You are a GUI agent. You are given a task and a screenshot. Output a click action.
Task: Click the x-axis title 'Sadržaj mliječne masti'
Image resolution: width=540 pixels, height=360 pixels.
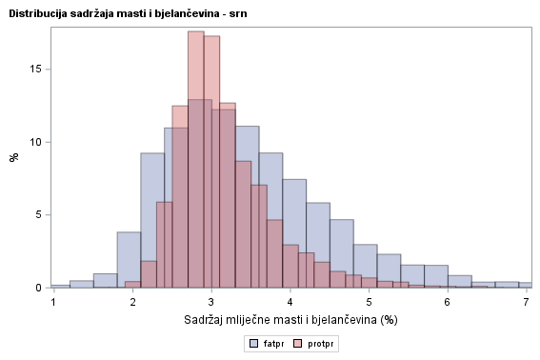pyautogui.click(x=290, y=320)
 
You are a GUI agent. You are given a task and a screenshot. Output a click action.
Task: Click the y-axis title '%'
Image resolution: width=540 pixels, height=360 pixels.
pyautogui.click(x=14, y=156)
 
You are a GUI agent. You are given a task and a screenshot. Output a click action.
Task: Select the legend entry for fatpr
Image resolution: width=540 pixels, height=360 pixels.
pyautogui.click(x=267, y=342)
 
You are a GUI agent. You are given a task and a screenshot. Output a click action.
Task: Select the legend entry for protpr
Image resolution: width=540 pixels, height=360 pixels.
pyautogui.click(x=313, y=342)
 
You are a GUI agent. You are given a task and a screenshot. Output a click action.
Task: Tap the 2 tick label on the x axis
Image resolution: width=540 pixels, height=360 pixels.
pyautogui.click(x=132, y=301)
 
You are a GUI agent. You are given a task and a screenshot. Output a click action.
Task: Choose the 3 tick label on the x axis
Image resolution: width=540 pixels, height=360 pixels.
pyautogui.click(x=211, y=301)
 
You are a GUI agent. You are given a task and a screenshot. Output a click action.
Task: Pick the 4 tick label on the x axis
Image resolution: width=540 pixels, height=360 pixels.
pyautogui.click(x=290, y=301)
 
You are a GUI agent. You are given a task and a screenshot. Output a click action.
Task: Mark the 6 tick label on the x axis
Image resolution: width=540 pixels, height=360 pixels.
pyautogui.click(x=447, y=301)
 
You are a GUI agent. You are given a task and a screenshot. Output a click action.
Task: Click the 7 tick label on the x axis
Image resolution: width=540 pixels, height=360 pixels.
pyautogui.click(x=526, y=301)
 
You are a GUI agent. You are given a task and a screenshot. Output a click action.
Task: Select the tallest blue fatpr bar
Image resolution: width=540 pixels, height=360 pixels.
pyautogui.click(x=200, y=190)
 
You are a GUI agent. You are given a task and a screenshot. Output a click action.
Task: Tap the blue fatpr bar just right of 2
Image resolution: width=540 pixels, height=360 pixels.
pyautogui.click(x=152, y=219)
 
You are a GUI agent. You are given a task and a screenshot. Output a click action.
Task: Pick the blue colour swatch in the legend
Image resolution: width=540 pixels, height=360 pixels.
pyautogui.click(x=254, y=342)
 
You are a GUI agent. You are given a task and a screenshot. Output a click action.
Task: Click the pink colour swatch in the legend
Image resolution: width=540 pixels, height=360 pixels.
pyautogui.click(x=298, y=342)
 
